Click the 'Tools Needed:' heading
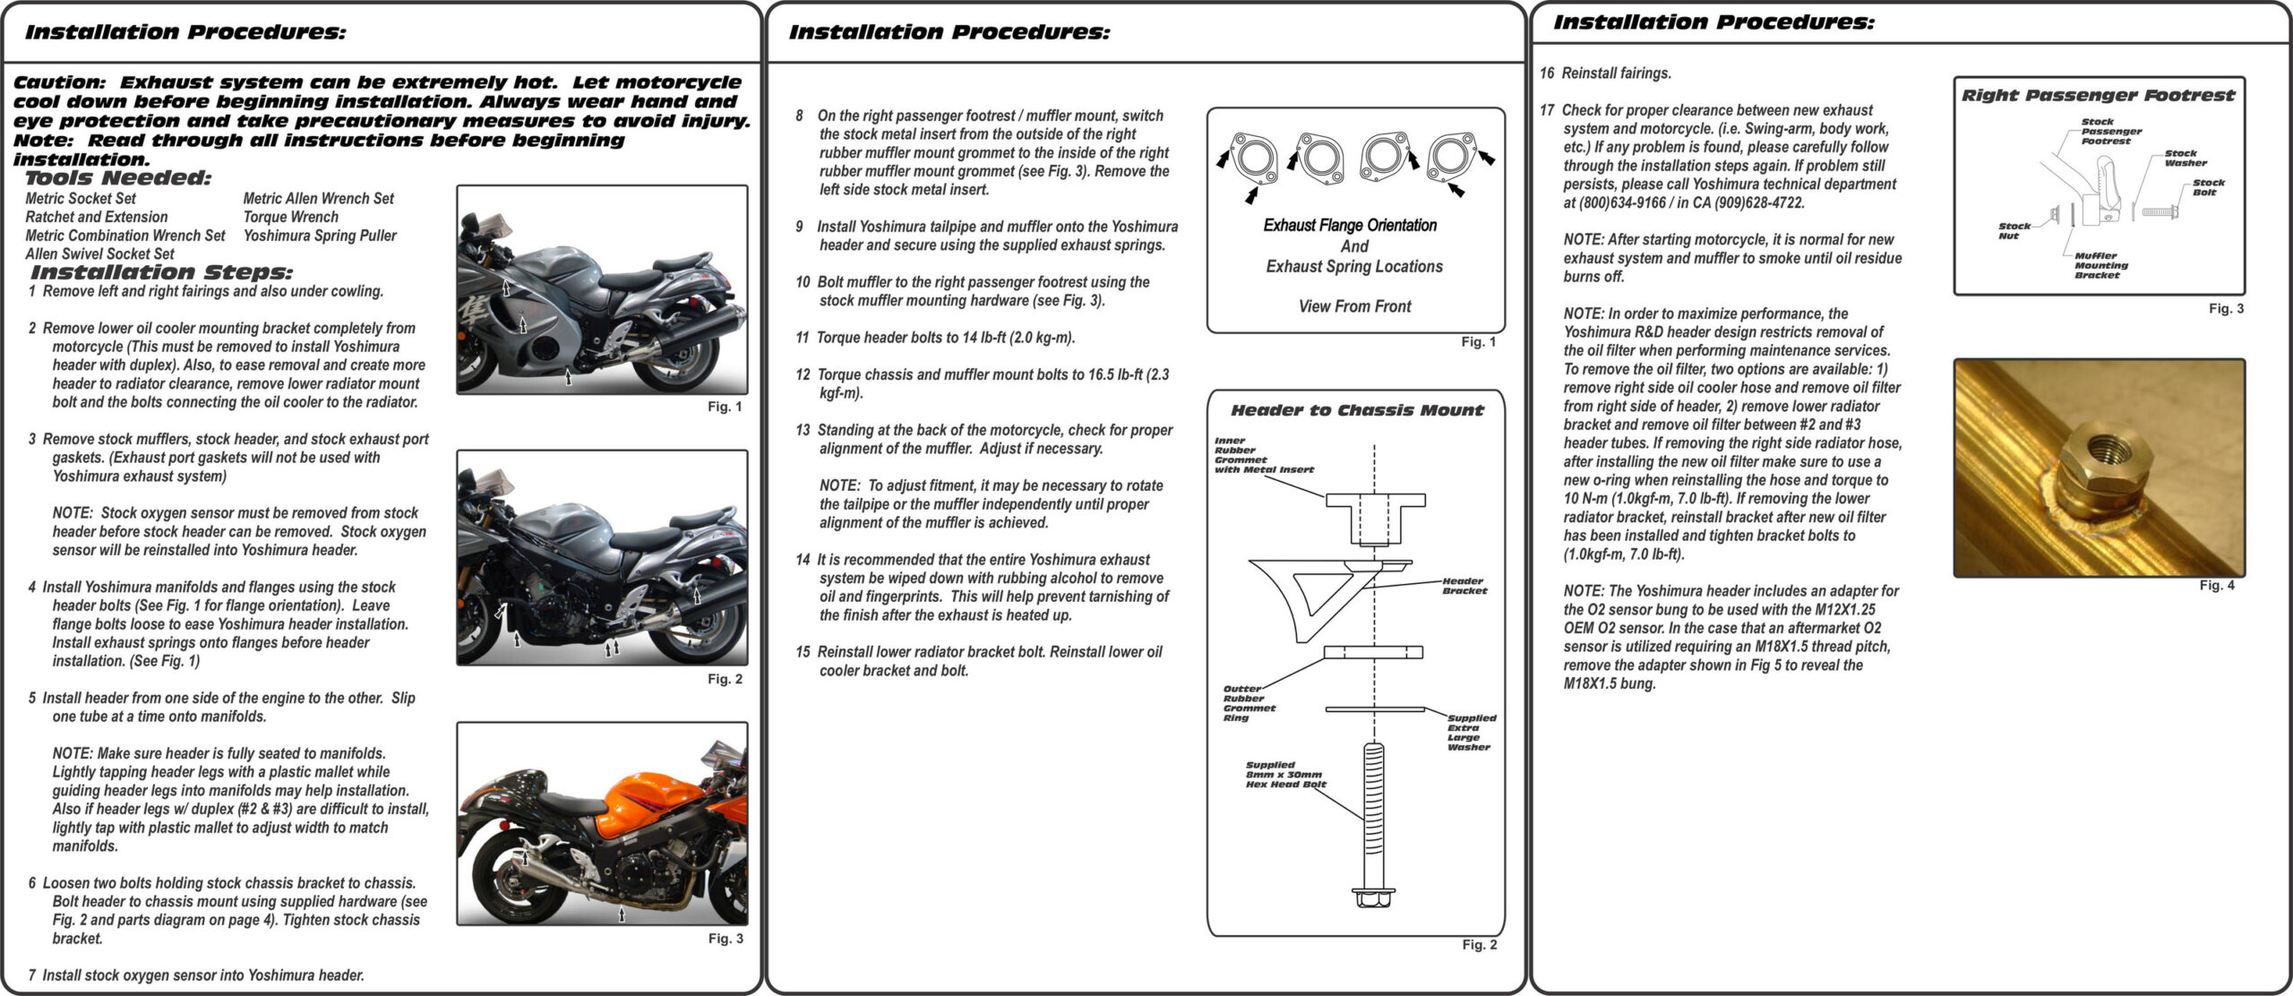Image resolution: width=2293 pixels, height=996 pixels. click(118, 177)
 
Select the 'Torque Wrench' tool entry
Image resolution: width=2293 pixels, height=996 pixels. click(290, 217)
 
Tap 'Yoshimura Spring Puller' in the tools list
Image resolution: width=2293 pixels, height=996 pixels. click(319, 236)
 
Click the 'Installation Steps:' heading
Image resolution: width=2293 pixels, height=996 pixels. click(161, 271)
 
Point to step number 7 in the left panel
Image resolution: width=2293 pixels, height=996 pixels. click(32, 975)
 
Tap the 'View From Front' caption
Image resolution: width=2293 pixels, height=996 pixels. click(1354, 306)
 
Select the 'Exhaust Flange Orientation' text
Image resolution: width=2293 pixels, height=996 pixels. click(1350, 226)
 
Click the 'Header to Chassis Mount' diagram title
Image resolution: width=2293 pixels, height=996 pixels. click(1357, 410)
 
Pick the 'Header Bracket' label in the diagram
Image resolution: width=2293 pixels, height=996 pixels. click(1464, 586)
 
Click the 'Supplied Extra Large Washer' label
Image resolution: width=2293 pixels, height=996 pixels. click(1471, 732)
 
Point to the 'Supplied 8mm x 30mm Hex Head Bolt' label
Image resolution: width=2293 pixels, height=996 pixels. click(1284, 775)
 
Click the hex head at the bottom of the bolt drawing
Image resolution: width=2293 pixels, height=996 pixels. click(1371, 897)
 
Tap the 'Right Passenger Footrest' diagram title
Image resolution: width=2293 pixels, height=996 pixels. click(2098, 95)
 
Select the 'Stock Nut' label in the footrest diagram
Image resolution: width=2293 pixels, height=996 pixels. click(2014, 231)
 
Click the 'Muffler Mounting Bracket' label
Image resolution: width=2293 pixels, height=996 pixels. click(2100, 265)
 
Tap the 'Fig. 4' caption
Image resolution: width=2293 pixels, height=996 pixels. click(2216, 585)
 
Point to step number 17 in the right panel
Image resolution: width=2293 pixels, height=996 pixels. click(1547, 110)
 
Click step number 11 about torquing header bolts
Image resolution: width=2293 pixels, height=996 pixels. click(802, 338)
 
